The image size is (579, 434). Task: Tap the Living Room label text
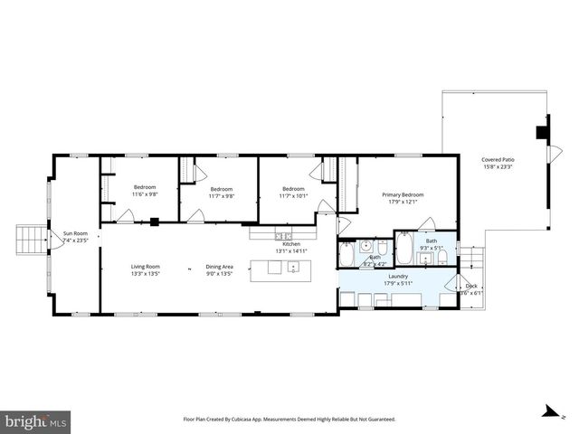point(145,266)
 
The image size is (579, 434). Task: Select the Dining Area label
point(220,266)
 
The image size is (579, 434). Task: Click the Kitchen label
point(290,244)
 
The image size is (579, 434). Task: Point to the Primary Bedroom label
point(403,194)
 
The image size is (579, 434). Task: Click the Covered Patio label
point(498,160)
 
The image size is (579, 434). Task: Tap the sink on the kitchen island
point(293,267)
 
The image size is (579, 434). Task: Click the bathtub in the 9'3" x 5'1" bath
point(404,249)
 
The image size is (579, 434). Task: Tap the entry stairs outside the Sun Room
point(32,240)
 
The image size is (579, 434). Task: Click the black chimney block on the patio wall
point(542,132)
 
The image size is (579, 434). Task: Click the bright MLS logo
point(36,421)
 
